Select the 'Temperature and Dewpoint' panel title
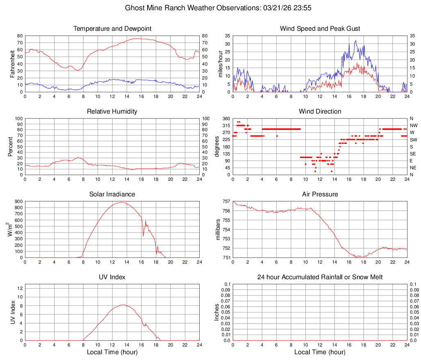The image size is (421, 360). click(x=112, y=29)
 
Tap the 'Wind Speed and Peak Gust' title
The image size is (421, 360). click(x=320, y=29)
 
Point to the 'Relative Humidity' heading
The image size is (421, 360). click(x=112, y=112)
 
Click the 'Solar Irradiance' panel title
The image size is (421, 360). click(x=112, y=194)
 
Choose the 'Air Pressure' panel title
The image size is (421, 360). click(x=320, y=194)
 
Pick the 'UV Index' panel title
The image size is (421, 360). click(x=112, y=277)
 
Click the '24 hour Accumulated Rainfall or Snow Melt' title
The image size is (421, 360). click(x=320, y=277)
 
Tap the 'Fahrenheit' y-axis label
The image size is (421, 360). click(x=12, y=64)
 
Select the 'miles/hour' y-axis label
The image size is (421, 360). click(x=220, y=64)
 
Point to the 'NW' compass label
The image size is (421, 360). click(x=414, y=125)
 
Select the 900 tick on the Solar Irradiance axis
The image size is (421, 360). click(x=18, y=201)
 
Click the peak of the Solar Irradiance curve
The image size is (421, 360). click(x=121, y=202)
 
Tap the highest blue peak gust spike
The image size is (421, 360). click(x=355, y=40)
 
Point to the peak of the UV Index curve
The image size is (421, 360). click(x=123, y=305)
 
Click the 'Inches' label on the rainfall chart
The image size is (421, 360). click(x=217, y=312)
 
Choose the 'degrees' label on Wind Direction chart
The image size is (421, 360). click(x=217, y=146)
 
